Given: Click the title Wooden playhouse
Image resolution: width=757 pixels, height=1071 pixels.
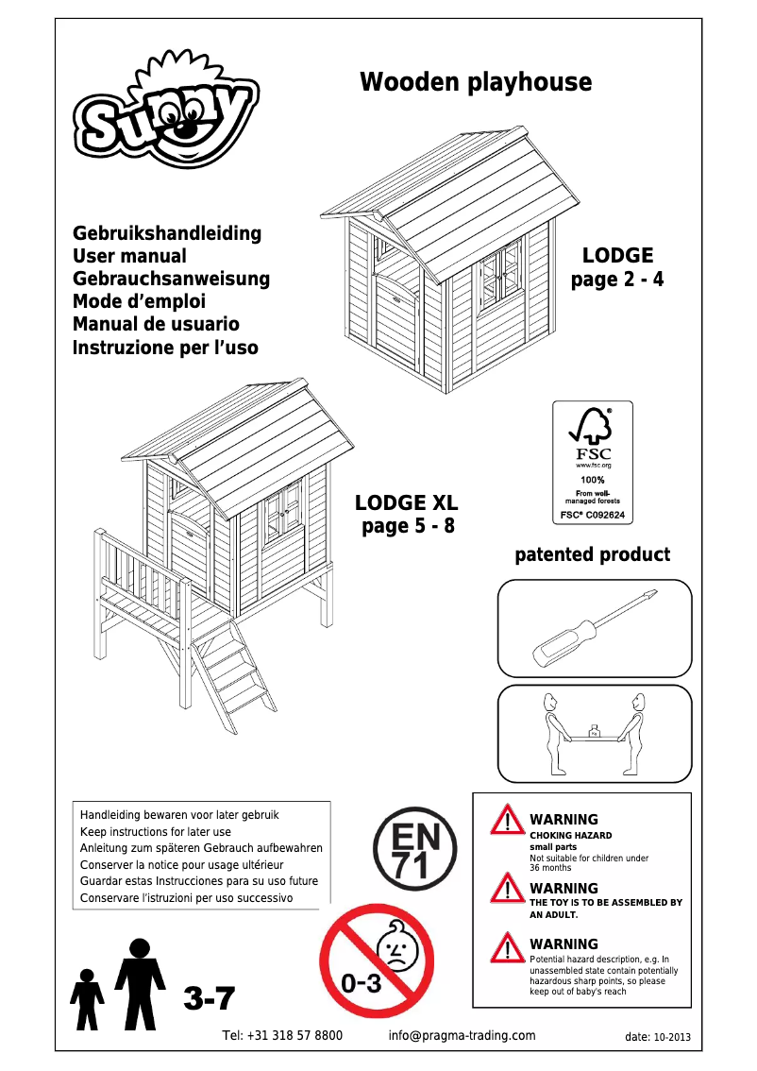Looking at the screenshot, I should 476,82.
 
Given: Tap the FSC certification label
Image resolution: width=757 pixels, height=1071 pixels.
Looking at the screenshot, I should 592,463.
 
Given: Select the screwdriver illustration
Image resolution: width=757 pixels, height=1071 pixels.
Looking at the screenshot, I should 594,627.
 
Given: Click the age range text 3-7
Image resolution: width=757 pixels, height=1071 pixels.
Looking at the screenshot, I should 210,998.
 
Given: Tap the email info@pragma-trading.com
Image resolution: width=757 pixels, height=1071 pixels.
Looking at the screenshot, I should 462,1035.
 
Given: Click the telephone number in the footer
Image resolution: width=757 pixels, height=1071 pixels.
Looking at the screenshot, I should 282,1035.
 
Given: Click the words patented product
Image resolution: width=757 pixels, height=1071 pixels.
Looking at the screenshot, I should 592,554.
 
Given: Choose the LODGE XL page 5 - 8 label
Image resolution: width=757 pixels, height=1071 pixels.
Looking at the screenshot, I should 407,515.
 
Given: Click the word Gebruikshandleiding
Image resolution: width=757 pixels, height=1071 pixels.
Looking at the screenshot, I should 167,233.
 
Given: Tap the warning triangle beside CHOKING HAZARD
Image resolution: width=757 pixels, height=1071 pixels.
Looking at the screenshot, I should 507,820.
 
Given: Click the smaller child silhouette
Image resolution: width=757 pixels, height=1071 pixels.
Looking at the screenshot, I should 88,998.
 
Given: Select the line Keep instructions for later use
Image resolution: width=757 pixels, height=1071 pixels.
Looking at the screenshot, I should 156,832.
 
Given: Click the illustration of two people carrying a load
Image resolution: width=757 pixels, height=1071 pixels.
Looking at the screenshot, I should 594,733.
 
